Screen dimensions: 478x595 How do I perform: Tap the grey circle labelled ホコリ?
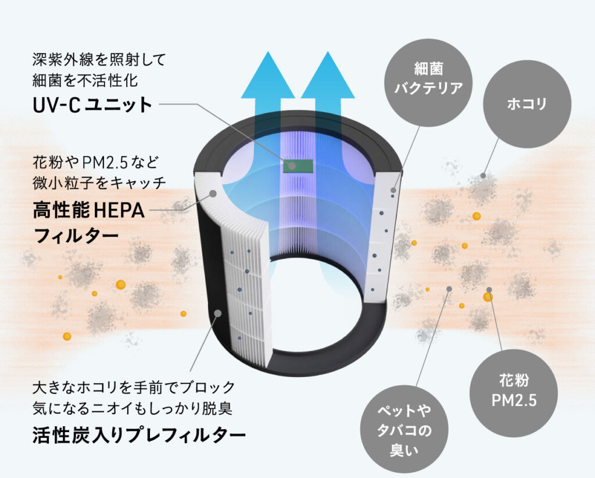point(527,105)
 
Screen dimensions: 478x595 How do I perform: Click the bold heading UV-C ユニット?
point(92,105)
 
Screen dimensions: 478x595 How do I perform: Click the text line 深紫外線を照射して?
point(99,59)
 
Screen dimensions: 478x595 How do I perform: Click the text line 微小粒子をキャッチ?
point(99,182)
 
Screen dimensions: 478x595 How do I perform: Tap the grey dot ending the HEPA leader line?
point(213,193)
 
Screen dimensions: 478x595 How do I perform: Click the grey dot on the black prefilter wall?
point(218,313)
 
